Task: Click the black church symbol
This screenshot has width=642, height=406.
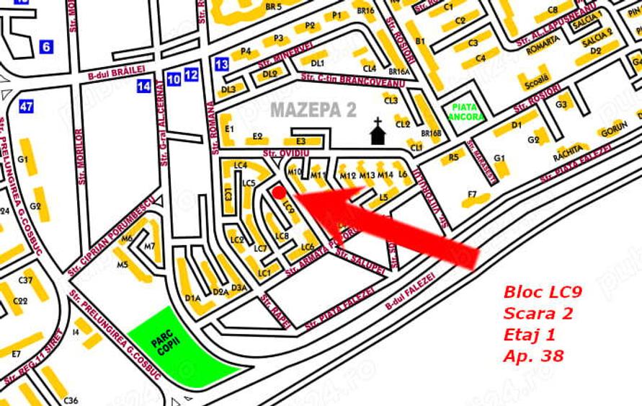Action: [377, 133]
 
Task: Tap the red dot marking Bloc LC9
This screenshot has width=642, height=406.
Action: [278, 193]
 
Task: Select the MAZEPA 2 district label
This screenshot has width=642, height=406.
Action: [313, 110]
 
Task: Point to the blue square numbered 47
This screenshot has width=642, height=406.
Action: [27, 107]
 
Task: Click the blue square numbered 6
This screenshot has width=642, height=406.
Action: [46, 47]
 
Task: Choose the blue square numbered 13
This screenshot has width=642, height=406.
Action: [222, 64]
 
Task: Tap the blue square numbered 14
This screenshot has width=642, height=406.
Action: [144, 87]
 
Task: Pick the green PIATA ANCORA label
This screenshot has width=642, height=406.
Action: [465, 112]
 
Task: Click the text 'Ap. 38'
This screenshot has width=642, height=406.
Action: [534, 356]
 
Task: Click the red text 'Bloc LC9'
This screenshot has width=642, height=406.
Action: [543, 293]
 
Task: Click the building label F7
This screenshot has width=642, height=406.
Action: [473, 194]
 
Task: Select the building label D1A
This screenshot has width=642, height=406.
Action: [192, 297]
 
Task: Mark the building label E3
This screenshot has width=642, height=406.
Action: [300, 141]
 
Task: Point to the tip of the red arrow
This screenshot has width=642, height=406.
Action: [295, 195]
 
